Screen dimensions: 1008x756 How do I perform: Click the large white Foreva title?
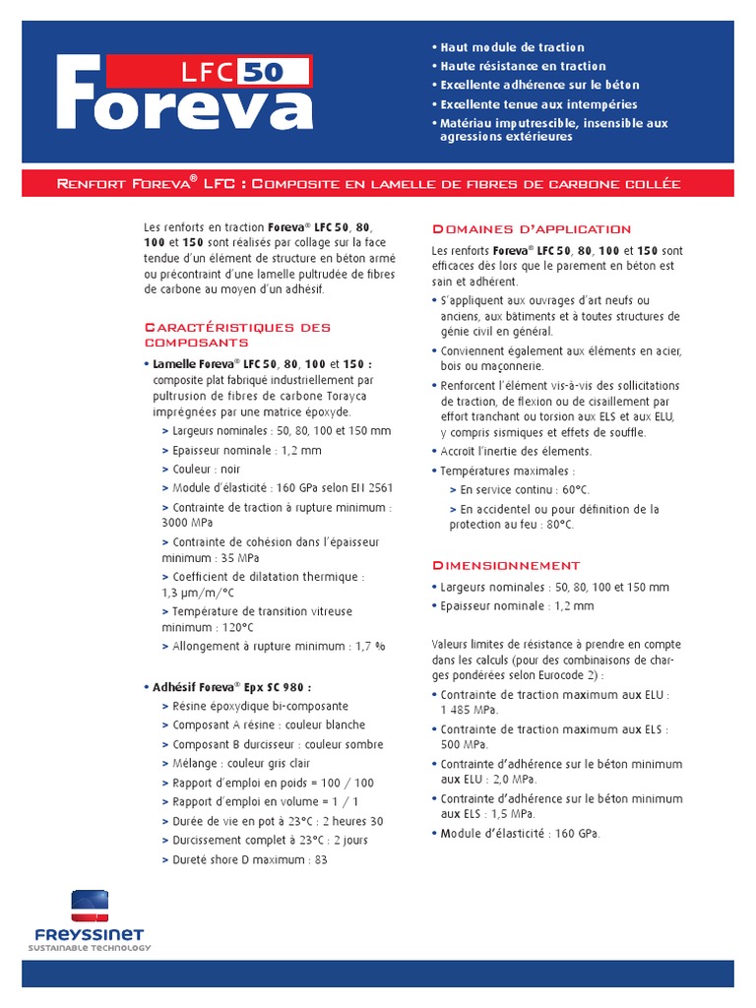(185, 98)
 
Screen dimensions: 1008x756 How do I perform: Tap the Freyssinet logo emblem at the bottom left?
(90, 906)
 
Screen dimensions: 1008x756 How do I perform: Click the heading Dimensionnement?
(506, 565)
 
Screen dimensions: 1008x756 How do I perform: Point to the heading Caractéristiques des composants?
(237, 335)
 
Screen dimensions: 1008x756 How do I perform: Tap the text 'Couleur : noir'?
(206, 470)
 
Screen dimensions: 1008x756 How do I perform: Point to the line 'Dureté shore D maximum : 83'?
(249, 859)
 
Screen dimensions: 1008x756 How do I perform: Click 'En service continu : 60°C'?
(526, 489)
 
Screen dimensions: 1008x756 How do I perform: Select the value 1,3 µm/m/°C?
(198, 593)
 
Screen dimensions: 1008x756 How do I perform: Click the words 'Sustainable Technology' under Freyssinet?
(90, 948)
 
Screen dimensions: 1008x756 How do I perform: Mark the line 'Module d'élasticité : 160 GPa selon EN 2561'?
(283, 488)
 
